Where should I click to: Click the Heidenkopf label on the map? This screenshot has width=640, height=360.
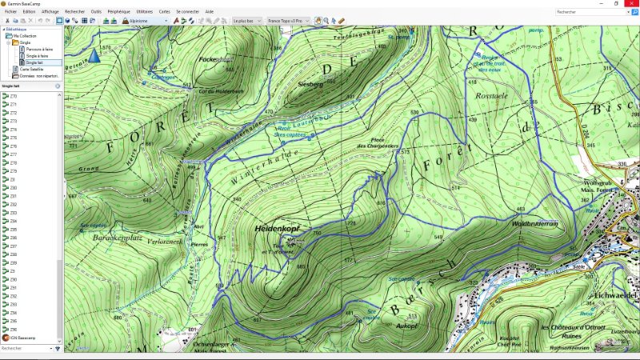tap(277, 229)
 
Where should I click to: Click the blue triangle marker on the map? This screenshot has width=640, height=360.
tap(95, 55)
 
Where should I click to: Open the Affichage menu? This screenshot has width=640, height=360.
tap(50, 12)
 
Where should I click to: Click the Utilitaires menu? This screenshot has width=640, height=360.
tap(145, 12)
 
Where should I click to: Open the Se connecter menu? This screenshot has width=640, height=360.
tap(187, 12)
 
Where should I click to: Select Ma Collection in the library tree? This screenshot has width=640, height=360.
tap(24, 36)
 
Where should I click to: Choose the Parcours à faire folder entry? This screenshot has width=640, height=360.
tap(39, 49)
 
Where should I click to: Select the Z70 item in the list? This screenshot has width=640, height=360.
tap(13, 97)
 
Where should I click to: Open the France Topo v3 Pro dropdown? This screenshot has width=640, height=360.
tap(287, 21)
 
